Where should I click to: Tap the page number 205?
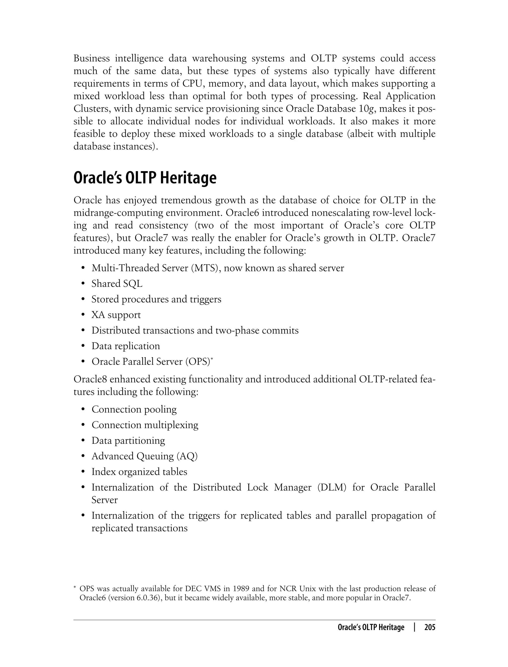(430, 627)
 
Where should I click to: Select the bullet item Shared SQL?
(117, 284)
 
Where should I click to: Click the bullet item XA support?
(116, 315)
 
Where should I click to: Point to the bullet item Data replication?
(126, 346)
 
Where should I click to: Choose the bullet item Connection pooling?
(134, 409)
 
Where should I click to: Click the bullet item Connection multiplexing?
(145, 425)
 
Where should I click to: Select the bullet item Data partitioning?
(128, 441)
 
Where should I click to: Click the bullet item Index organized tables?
(139, 472)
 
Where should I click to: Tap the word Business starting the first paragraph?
(92, 58)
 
